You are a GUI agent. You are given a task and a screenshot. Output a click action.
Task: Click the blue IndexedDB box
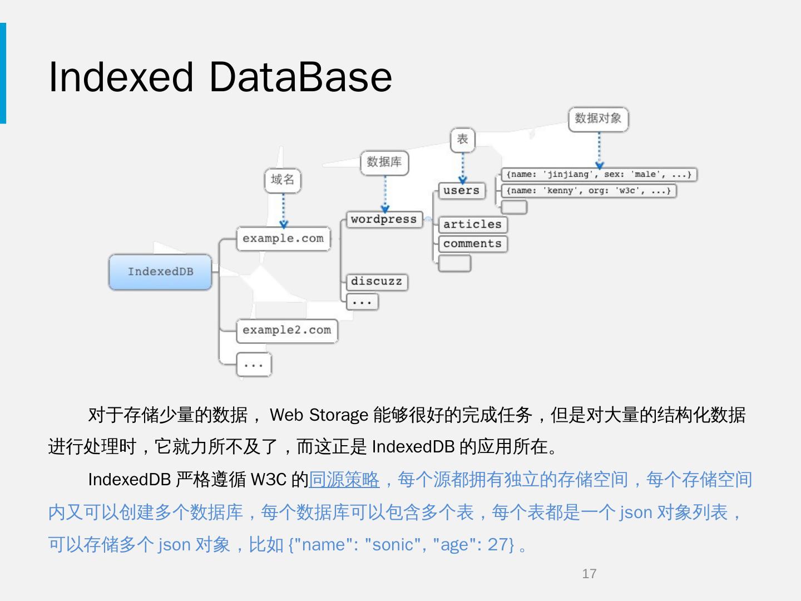(x=160, y=272)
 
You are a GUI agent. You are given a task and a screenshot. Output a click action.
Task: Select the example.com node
(x=283, y=239)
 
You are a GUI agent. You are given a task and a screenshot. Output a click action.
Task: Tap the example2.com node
(x=286, y=331)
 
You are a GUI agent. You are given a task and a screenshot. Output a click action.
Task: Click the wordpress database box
(x=384, y=219)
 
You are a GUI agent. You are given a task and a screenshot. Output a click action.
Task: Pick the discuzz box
(x=377, y=282)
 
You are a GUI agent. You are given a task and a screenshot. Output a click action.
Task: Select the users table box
(x=461, y=190)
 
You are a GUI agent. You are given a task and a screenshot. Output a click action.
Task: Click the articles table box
(x=472, y=224)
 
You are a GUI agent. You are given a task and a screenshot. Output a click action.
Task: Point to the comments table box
(x=472, y=244)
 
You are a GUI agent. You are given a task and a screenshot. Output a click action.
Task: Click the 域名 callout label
(x=283, y=180)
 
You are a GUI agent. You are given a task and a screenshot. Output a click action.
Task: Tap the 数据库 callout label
(x=384, y=162)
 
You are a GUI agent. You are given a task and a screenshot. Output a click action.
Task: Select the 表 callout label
(x=463, y=139)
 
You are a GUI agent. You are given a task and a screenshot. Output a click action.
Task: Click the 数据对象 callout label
(x=598, y=119)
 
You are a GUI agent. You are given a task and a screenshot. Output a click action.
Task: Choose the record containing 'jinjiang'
(x=599, y=175)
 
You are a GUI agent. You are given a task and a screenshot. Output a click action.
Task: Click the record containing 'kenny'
(x=589, y=191)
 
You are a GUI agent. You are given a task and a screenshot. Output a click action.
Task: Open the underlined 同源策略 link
(x=344, y=480)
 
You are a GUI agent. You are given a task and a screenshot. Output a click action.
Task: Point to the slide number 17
(x=589, y=574)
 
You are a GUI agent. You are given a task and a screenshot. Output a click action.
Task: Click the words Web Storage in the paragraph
(x=319, y=415)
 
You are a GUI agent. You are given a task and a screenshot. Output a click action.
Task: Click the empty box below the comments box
(x=454, y=263)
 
